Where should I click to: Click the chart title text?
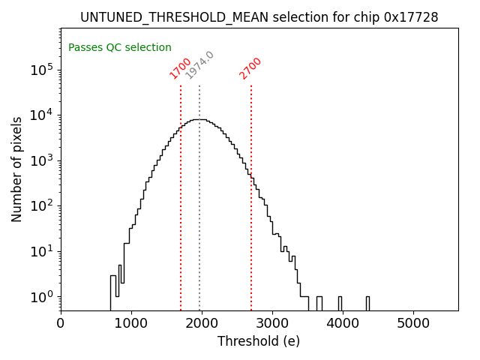[259, 17]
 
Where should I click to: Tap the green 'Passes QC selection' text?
[120, 47]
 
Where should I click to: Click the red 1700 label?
[181, 67]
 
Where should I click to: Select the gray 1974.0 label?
[199, 65]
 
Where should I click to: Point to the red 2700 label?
[250, 68]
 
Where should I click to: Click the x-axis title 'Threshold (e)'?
[259, 341]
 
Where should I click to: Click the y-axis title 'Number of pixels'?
[16, 169]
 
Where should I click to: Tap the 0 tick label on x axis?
[61, 324]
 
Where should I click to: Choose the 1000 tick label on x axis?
[131, 324]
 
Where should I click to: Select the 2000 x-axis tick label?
[202, 324]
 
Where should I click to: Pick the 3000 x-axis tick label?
[272, 324]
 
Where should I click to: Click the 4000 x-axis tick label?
[343, 324]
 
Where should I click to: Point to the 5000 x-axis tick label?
[413, 324]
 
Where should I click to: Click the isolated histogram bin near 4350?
[367, 303]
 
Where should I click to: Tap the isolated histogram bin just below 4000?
[339, 303]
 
